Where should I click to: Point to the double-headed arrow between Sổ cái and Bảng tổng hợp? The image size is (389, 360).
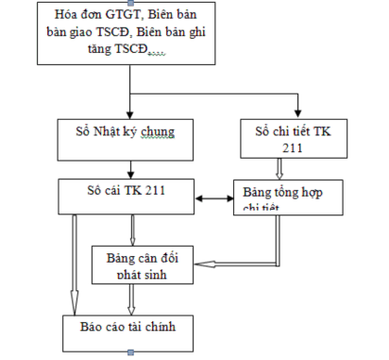point(216,199)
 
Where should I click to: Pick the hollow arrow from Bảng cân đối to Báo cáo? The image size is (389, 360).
point(132,298)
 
